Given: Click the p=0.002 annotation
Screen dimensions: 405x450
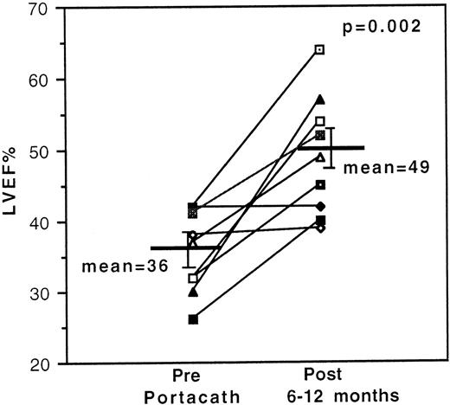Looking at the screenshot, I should point(383,27).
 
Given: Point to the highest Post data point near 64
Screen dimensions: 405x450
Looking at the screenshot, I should point(320,50).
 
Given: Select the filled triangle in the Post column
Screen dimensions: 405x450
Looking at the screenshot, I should point(320,100).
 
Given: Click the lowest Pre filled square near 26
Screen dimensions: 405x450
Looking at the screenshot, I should point(193,320).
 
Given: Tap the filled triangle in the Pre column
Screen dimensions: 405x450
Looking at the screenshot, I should point(193,292).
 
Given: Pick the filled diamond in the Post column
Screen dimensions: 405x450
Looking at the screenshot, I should point(320,206).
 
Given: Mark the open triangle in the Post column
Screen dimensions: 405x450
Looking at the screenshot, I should point(320,157).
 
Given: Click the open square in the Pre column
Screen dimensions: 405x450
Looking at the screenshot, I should point(193,279).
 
